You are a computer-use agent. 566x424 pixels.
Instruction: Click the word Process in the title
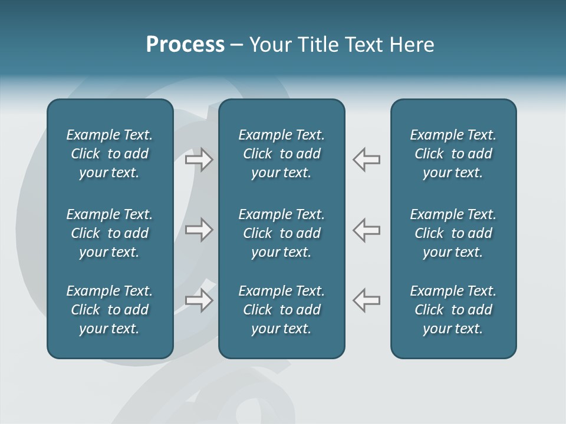(185, 45)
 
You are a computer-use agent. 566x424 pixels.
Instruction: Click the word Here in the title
(411, 45)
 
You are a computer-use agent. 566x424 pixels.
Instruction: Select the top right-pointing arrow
(199, 160)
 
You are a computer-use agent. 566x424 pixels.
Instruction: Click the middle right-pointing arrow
(199, 230)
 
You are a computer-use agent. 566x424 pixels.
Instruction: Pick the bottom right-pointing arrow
(199, 300)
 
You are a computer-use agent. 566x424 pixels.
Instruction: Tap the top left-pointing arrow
(367, 160)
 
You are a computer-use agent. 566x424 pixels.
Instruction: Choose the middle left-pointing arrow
(367, 230)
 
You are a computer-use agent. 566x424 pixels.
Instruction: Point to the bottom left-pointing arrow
(367, 300)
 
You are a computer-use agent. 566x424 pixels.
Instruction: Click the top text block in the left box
(110, 154)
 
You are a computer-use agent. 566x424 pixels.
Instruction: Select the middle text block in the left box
(110, 233)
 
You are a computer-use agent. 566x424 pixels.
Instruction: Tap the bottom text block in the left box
(110, 310)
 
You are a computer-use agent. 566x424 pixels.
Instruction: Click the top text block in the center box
(282, 154)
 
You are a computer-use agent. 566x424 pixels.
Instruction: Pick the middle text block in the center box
(282, 233)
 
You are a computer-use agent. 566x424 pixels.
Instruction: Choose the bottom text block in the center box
(282, 310)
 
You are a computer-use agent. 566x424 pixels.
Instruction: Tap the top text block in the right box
(453, 154)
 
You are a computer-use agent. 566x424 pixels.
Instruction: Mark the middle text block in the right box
(453, 233)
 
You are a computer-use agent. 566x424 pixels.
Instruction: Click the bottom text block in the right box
(453, 310)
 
